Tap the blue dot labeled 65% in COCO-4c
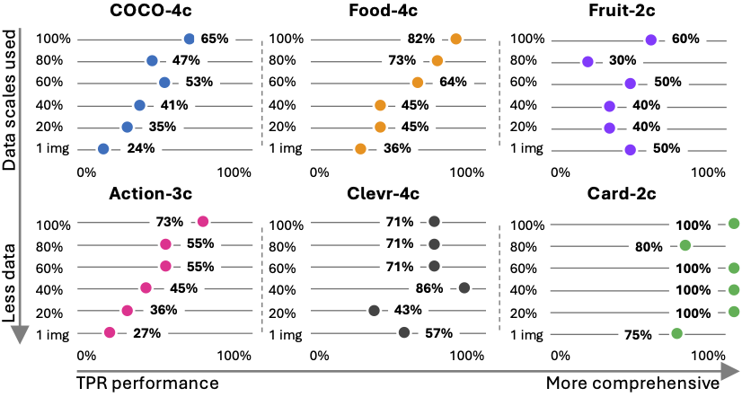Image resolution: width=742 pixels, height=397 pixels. [x=189, y=39]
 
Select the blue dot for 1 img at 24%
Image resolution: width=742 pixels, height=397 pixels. [x=103, y=149]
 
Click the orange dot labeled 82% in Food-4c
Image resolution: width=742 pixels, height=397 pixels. [x=456, y=39]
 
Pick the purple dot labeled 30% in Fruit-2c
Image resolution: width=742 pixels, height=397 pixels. [x=587, y=62]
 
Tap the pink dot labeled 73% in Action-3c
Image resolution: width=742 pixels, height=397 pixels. [x=203, y=222]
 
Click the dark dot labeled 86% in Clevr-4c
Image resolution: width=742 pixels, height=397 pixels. [x=464, y=287]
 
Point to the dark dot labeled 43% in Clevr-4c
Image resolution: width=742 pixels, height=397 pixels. [x=374, y=311]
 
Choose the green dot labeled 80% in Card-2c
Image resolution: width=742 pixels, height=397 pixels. [x=685, y=245]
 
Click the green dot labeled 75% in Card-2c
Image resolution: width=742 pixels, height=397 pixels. [x=676, y=333]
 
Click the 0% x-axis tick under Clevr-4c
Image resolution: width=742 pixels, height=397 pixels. [x=318, y=356]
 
